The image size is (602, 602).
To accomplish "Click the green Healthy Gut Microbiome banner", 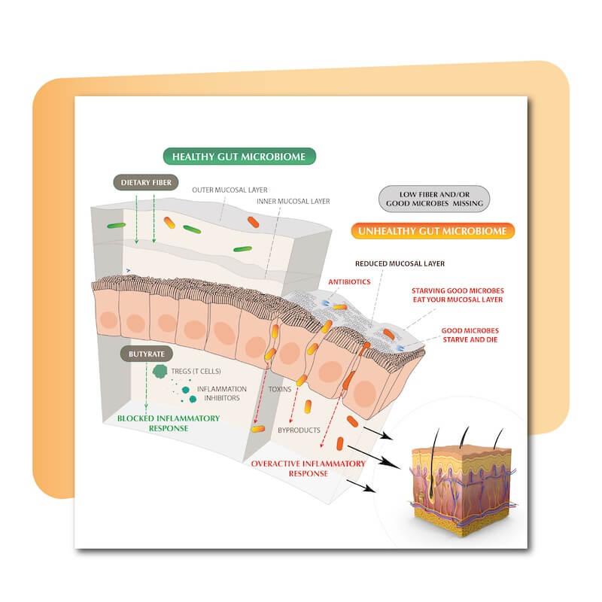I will [239, 157].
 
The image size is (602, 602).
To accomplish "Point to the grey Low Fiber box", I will [434, 198].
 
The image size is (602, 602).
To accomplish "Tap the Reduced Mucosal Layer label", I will [411, 264].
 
